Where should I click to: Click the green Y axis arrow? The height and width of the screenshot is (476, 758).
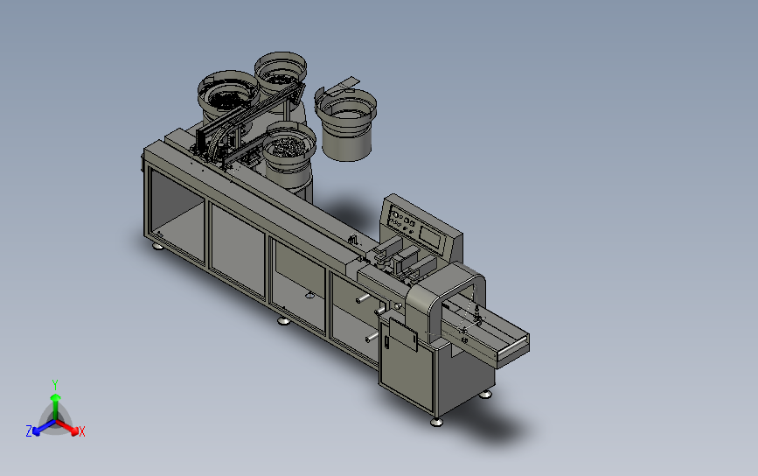point(56,406)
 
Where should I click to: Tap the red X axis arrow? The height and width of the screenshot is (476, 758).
point(67,427)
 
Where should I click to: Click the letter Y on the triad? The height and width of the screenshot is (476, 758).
point(55,385)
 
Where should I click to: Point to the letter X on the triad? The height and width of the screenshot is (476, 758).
point(81,431)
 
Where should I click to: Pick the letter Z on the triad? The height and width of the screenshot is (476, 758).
point(29,431)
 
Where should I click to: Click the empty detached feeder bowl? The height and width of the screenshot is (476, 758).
point(346,124)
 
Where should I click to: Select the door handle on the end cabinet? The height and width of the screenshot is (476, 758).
point(386,342)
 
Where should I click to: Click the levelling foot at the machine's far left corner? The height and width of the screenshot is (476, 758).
point(157,246)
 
